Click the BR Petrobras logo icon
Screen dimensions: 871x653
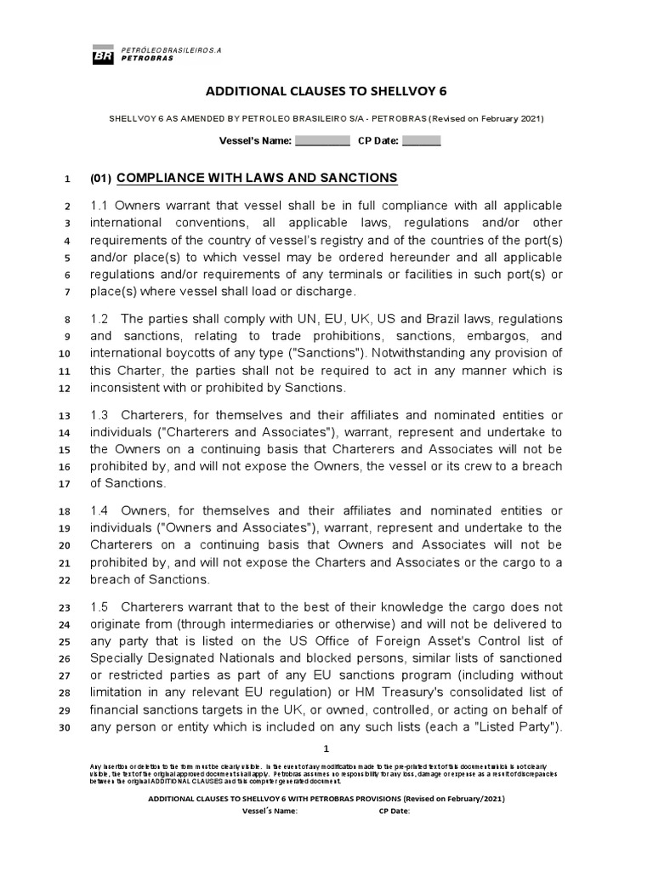coord(105,56)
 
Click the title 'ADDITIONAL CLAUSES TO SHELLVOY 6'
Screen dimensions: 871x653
coord(326,91)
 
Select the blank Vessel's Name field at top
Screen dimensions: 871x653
coord(322,140)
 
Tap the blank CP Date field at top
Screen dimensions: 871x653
coord(421,140)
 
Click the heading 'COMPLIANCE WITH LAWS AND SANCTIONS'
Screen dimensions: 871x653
coord(257,178)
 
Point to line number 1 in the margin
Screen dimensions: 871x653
coord(66,179)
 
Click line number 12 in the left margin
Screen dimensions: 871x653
coord(65,389)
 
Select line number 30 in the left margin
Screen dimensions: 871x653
coord(65,727)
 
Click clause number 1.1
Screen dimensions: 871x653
coord(100,207)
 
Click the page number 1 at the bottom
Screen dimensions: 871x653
coord(326,749)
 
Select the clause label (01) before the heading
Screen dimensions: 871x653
coord(100,179)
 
